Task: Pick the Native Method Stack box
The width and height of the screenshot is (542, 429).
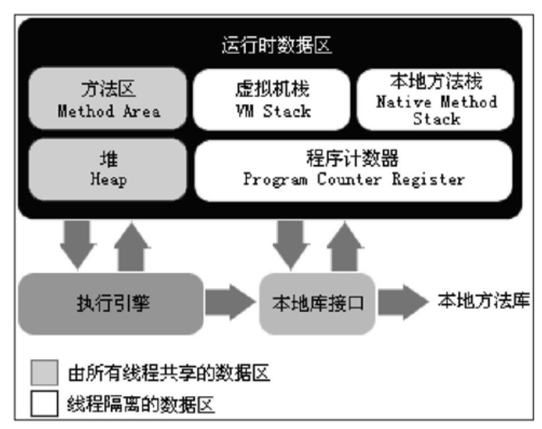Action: pos(436,99)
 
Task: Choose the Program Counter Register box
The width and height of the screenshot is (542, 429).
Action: pos(353,170)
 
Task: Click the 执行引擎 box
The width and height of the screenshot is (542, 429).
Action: pos(110,304)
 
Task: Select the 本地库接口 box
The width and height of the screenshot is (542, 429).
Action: pos(317,304)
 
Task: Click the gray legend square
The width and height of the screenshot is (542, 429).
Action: pos(44,372)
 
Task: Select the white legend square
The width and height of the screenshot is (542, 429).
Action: pos(44,404)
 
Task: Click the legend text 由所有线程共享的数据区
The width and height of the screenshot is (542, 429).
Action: pos(169,372)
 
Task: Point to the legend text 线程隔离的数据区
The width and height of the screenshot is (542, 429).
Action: pos(142,405)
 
